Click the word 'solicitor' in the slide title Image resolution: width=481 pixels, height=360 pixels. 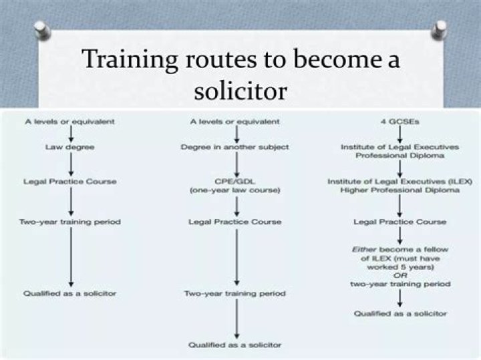tap(240, 89)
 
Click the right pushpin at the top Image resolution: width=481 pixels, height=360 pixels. tap(440, 29)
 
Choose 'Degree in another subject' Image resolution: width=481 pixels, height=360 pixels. tap(234, 146)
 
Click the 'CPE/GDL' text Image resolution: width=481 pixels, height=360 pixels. tap(234, 181)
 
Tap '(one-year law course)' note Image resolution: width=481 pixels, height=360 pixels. tap(234, 191)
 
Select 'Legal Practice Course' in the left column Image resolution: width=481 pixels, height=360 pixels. tap(69, 182)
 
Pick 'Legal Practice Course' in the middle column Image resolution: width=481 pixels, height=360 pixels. tap(234, 222)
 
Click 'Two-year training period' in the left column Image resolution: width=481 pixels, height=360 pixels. tap(69, 222)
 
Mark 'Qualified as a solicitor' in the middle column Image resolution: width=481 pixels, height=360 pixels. tap(234, 345)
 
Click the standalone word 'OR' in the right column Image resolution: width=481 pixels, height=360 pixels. tap(400, 275)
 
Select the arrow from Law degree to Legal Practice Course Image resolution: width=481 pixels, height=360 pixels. tap(69, 164)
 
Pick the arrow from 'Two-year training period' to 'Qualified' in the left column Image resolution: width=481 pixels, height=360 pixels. tap(69, 257)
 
